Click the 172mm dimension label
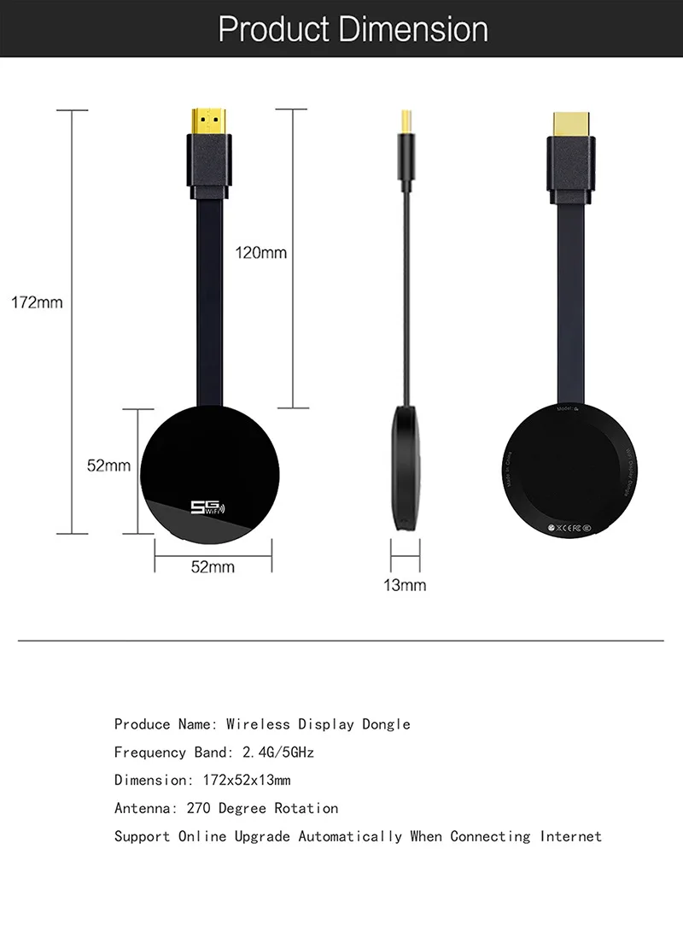(37, 302)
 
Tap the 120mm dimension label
(261, 253)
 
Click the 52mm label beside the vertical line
(108, 466)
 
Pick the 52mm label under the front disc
(212, 566)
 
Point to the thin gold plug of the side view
(406, 120)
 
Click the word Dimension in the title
(413, 29)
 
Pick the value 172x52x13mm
(246, 781)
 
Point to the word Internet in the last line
(570, 836)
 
